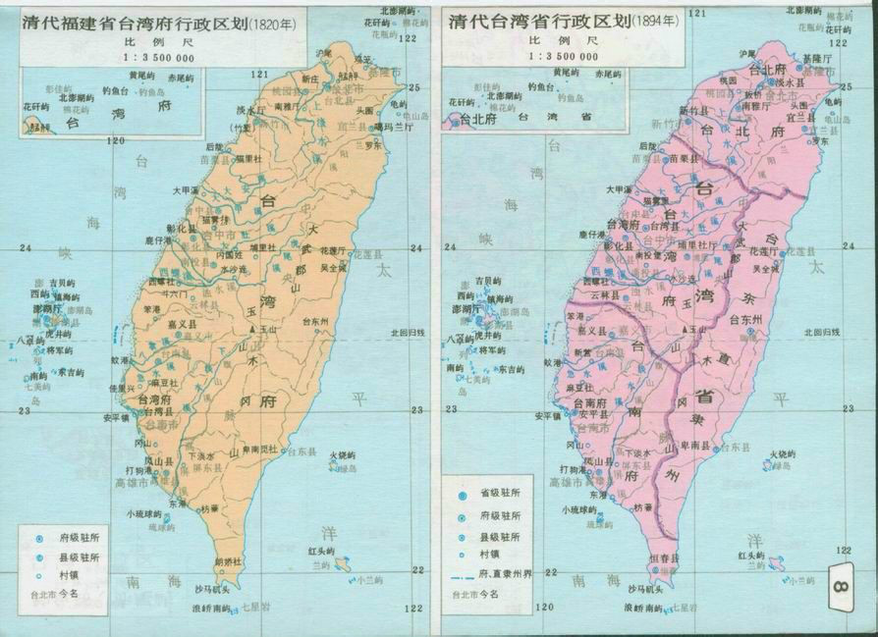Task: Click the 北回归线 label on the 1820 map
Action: pyautogui.click(x=408, y=332)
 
